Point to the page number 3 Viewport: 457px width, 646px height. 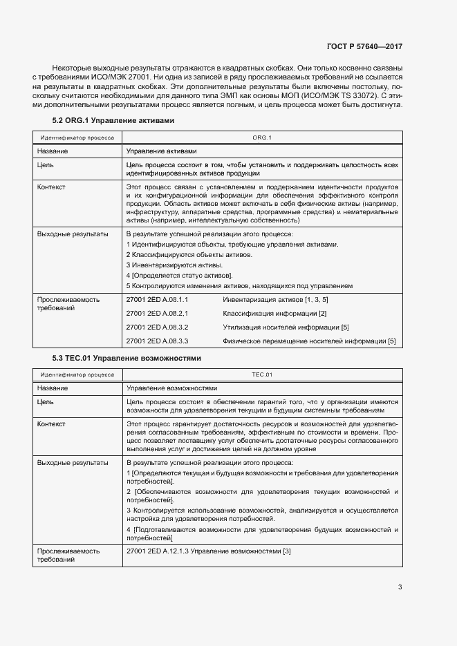pos(400,587)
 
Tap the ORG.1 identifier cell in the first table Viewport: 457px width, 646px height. pos(262,138)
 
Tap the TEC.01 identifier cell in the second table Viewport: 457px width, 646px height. pos(262,375)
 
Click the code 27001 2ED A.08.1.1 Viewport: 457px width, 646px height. pos(158,300)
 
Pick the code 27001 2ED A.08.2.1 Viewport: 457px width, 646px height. pos(158,314)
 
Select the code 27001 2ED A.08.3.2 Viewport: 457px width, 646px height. pos(158,327)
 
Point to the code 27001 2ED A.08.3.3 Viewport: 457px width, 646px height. pos(158,341)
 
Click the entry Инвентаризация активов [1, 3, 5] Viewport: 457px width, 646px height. pos(275,300)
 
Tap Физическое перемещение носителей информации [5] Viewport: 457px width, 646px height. pos(309,341)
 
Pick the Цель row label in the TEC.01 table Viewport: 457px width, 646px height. pos(45,401)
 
